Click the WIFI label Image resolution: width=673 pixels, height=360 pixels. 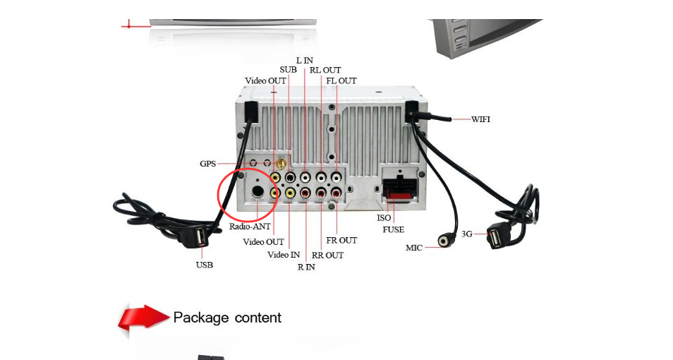click(x=480, y=119)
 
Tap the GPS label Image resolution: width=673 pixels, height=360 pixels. click(x=207, y=164)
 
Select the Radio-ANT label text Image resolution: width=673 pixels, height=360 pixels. click(x=250, y=227)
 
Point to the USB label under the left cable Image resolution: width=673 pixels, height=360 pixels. click(x=204, y=265)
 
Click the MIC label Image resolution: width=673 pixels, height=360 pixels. click(x=413, y=248)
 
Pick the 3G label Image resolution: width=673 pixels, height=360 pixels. click(x=467, y=234)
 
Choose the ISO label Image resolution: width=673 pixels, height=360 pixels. click(x=384, y=218)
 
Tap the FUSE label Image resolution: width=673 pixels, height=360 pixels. click(x=393, y=229)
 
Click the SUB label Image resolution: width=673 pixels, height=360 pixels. click(x=288, y=70)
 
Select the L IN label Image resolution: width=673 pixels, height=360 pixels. click(x=304, y=61)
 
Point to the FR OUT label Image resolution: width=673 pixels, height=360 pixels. click(x=341, y=241)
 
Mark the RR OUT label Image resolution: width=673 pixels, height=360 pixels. click(x=327, y=255)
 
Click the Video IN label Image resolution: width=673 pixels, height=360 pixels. click(x=284, y=255)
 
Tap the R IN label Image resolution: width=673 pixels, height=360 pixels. click(x=306, y=267)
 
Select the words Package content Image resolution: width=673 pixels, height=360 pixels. click(x=227, y=318)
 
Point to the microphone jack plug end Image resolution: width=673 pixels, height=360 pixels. click(x=444, y=241)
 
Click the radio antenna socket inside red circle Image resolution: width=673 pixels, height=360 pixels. click(x=258, y=191)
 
